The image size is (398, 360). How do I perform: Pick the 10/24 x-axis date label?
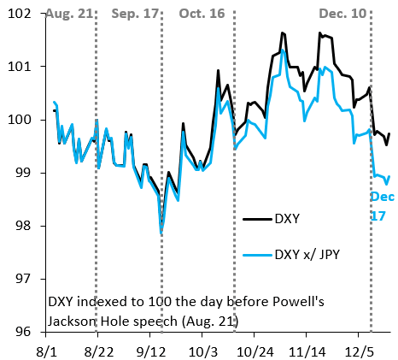(x=255, y=350)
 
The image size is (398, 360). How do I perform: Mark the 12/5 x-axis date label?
(x=358, y=350)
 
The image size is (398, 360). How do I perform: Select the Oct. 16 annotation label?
(x=202, y=15)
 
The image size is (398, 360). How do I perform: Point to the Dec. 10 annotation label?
(x=342, y=15)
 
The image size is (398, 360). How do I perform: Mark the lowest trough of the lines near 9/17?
(x=161, y=233)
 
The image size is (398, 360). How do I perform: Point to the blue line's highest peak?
(x=283, y=51)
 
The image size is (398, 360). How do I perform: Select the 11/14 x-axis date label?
(x=307, y=350)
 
